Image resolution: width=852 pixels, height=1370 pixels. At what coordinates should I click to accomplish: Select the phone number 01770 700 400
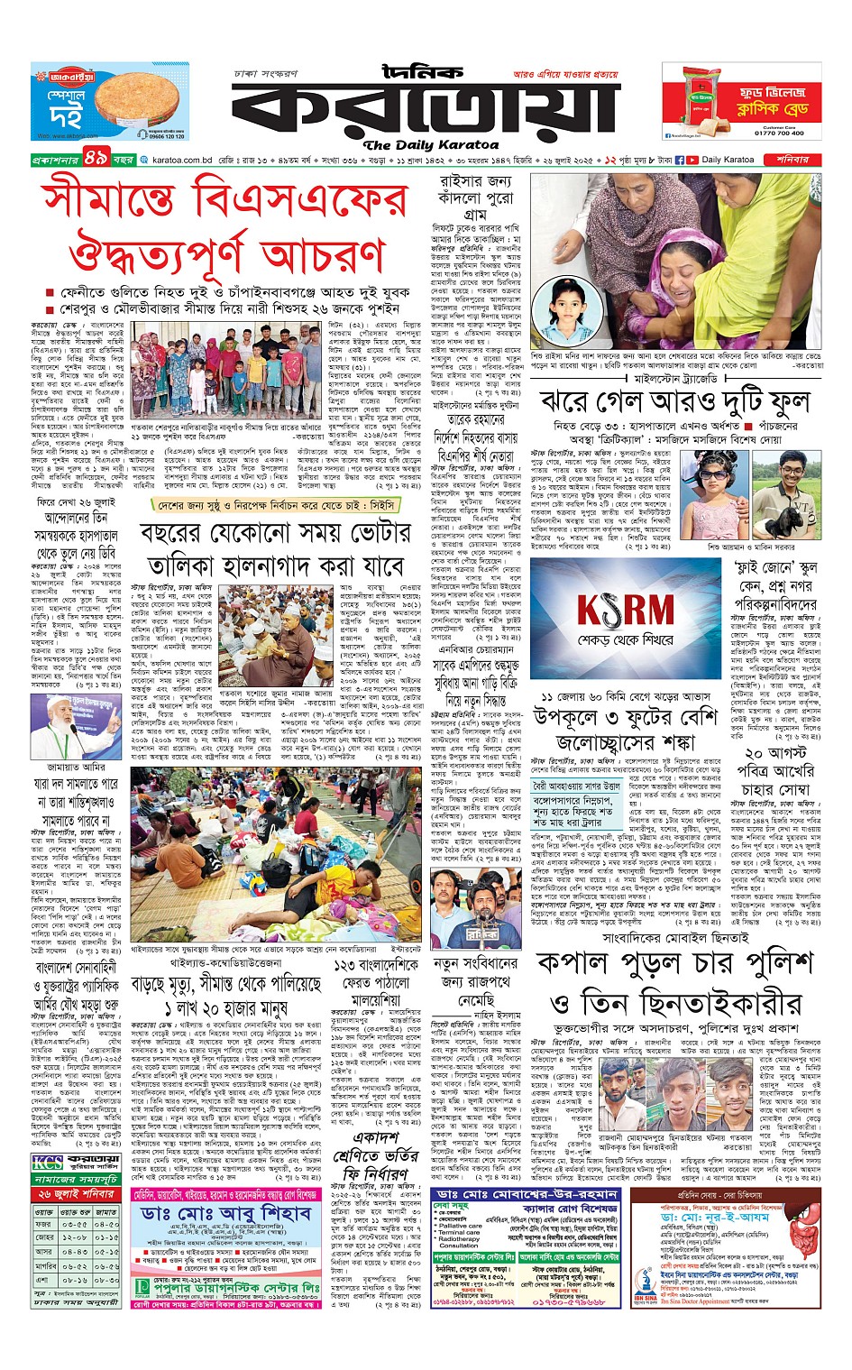(779, 133)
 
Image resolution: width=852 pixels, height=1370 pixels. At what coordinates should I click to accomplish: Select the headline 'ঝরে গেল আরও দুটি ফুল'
(674, 402)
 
